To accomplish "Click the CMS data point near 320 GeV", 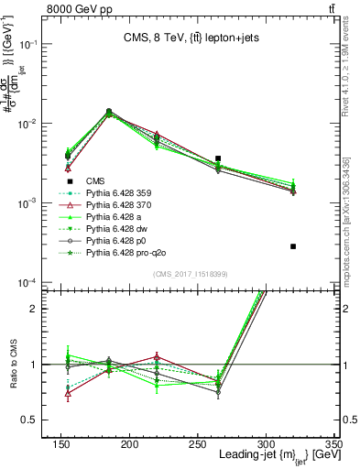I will coord(293,246).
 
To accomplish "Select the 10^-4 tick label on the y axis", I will coord(30,282).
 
